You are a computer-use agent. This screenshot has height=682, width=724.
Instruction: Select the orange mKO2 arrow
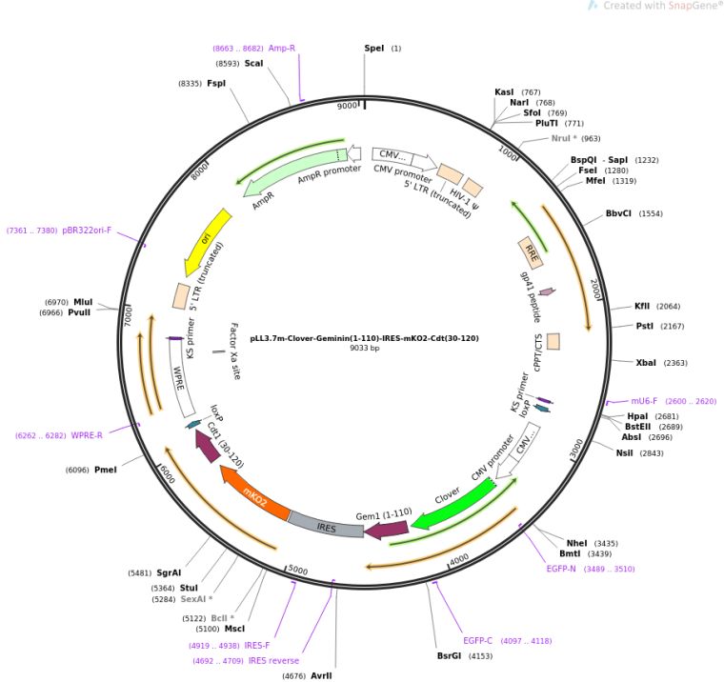coord(254,495)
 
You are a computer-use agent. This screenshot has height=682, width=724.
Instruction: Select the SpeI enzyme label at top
coord(375,48)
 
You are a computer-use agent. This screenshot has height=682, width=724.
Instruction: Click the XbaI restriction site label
coord(647,363)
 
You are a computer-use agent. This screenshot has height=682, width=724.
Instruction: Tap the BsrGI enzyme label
coord(449,655)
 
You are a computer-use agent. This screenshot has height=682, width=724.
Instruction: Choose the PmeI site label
coord(105,470)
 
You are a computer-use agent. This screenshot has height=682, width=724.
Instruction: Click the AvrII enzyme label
coord(321,675)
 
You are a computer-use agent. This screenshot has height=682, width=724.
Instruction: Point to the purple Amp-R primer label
coord(281,48)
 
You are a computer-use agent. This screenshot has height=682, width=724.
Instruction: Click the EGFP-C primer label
coord(482,640)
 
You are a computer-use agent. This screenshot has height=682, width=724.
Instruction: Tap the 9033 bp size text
coord(364,348)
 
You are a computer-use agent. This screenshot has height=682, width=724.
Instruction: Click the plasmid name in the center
coord(364,337)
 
